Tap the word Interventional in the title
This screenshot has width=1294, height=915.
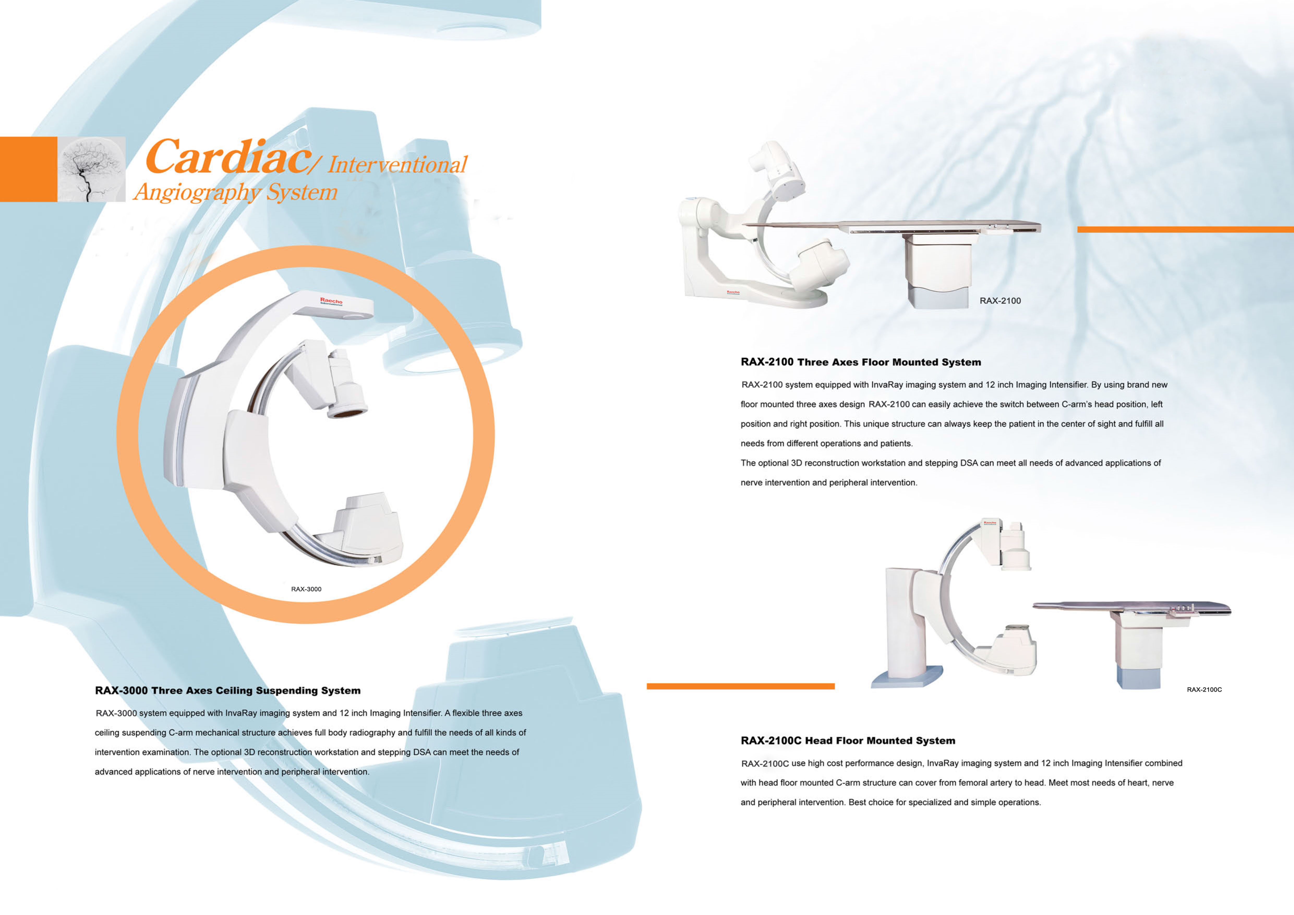(x=397, y=165)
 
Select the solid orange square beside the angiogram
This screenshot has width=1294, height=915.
(x=28, y=169)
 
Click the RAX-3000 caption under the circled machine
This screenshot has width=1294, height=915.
(x=306, y=589)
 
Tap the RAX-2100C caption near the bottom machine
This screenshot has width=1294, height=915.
(x=1204, y=690)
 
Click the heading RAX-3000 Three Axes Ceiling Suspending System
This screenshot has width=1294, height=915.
(x=228, y=691)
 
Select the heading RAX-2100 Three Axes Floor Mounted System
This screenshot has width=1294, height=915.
(x=860, y=362)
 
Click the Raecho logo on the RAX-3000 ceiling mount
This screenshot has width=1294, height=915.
(x=331, y=301)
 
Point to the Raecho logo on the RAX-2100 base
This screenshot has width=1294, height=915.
(x=733, y=292)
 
